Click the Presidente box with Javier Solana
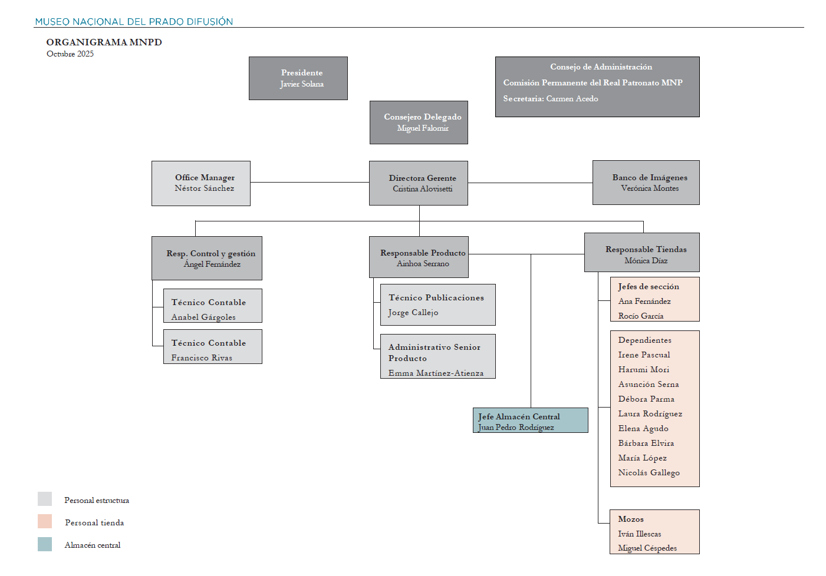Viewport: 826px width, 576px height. coord(298,78)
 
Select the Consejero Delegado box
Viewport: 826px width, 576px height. coord(419,123)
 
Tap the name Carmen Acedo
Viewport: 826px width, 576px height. coord(572,99)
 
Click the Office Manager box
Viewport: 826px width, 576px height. coord(201,183)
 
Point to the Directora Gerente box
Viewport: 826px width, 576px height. coord(419,183)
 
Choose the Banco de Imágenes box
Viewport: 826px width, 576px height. coord(646,183)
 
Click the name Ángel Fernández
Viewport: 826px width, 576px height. coord(212,264)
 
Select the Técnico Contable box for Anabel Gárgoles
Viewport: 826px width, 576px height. coord(212,306)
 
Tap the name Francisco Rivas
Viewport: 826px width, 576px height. coord(202,358)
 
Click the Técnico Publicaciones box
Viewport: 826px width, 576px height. coord(437,304)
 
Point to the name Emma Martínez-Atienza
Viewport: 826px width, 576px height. coord(436,373)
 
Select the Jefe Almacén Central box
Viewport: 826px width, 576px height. coord(530,421)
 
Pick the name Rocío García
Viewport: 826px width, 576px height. coord(640,316)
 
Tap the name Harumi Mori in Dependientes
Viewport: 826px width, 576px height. coord(643,370)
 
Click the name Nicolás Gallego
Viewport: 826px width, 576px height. coord(649,473)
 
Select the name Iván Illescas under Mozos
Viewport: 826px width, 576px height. coord(639,534)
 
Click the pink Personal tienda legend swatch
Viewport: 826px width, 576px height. coord(45,522)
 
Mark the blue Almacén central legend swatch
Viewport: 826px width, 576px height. coord(45,544)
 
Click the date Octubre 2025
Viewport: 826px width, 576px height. coord(70,54)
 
